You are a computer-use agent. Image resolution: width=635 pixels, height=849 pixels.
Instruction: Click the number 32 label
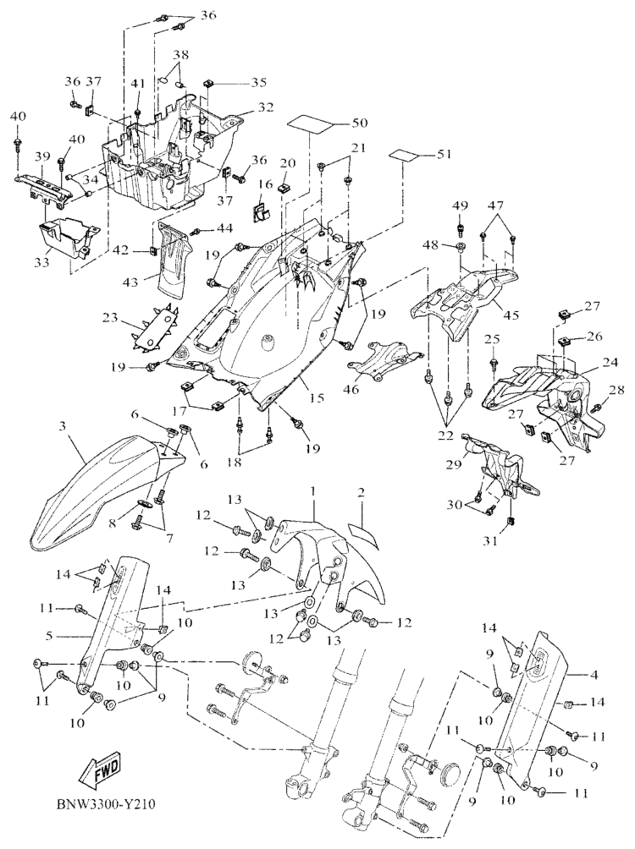268,107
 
